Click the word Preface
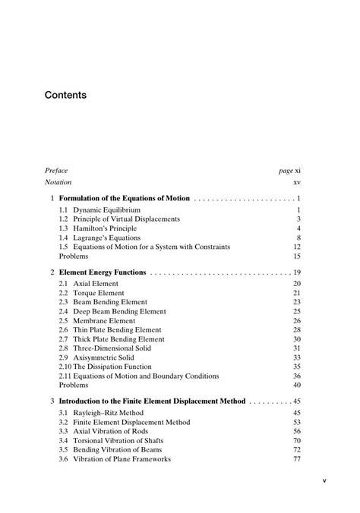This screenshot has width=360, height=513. coord(56,171)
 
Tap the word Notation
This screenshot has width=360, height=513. coord(58,183)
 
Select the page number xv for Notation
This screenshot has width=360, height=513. coord(298,183)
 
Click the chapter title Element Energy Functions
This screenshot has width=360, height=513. coord(103,272)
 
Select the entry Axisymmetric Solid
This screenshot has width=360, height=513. coord(104,357)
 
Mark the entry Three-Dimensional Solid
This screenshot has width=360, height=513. coord(111,348)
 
